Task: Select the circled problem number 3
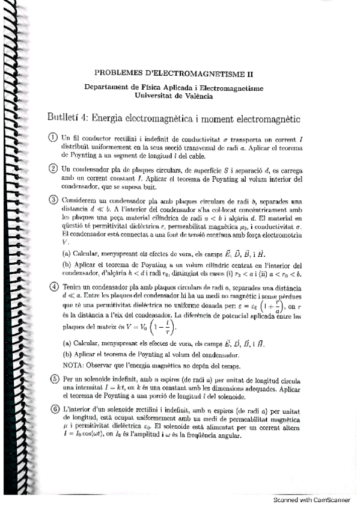coord(53,200)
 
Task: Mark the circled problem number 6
coord(53,409)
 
